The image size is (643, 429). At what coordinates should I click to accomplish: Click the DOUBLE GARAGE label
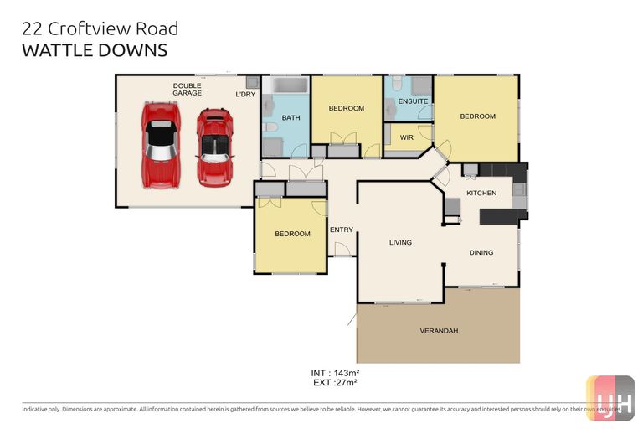(187, 89)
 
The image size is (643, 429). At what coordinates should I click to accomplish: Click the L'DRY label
(244, 94)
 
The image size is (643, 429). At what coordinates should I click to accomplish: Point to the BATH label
(291, 118)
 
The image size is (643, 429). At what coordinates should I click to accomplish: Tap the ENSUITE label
(413, 101)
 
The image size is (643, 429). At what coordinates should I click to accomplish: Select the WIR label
(407, 137)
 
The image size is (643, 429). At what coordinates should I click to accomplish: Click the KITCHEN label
(481, 193)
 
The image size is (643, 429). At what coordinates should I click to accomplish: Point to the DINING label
(481, 252)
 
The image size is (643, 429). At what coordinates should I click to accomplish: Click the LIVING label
(400, 243)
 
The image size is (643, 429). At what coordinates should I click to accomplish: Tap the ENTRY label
(341, 230)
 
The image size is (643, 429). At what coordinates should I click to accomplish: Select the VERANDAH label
(439, 331)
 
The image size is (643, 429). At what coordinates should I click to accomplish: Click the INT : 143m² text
(334, 372)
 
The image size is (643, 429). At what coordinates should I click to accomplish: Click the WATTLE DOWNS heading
(95, 50)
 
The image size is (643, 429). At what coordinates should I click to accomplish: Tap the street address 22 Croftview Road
(100, 29)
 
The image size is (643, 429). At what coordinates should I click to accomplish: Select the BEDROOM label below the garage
(292, 234)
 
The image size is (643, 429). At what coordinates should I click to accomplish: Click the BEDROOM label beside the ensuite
(477, 116)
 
